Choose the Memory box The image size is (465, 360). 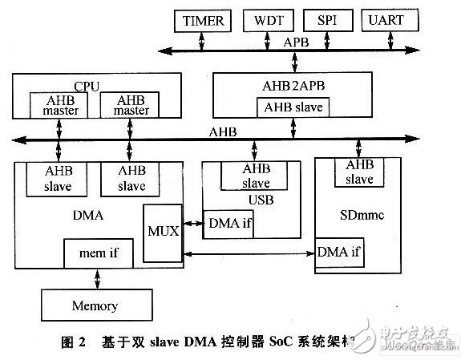tap(95, 305)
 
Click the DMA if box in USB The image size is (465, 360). tap(228, 224)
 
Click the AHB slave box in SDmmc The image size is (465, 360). tap(358, 170)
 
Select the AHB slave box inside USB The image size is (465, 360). tap(256, 174)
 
